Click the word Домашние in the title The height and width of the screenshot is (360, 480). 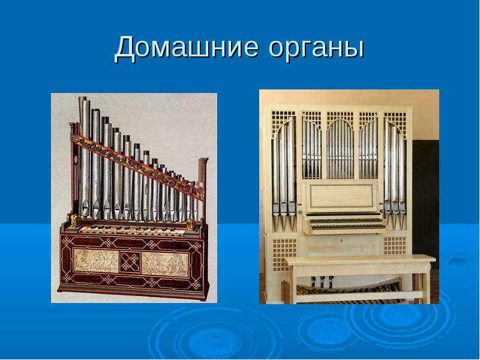pyautogui.click(x=187, y=47)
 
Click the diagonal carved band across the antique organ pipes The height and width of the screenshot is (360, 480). pyautogui.click(x=137, y=162)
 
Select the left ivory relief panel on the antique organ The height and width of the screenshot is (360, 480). pyautogui.click(x=96, y=260)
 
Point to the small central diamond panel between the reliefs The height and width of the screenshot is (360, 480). pyautogui.click(x=130, y=262)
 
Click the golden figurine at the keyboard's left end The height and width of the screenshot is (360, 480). pyautogui.click(x=74, y=220)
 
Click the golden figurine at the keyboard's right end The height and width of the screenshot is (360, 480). pyautogui.click(x=190, y=224)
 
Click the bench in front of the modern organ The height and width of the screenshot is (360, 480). pyautogui.click(x=359, y=277)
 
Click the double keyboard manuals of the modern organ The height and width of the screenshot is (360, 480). pyautogui.click(x=345, y=223)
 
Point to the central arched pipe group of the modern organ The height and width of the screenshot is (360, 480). pyautogui.click(x=340, y=149)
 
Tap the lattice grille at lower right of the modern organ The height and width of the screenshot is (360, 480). pyautogui.click(x=395, y=245)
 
